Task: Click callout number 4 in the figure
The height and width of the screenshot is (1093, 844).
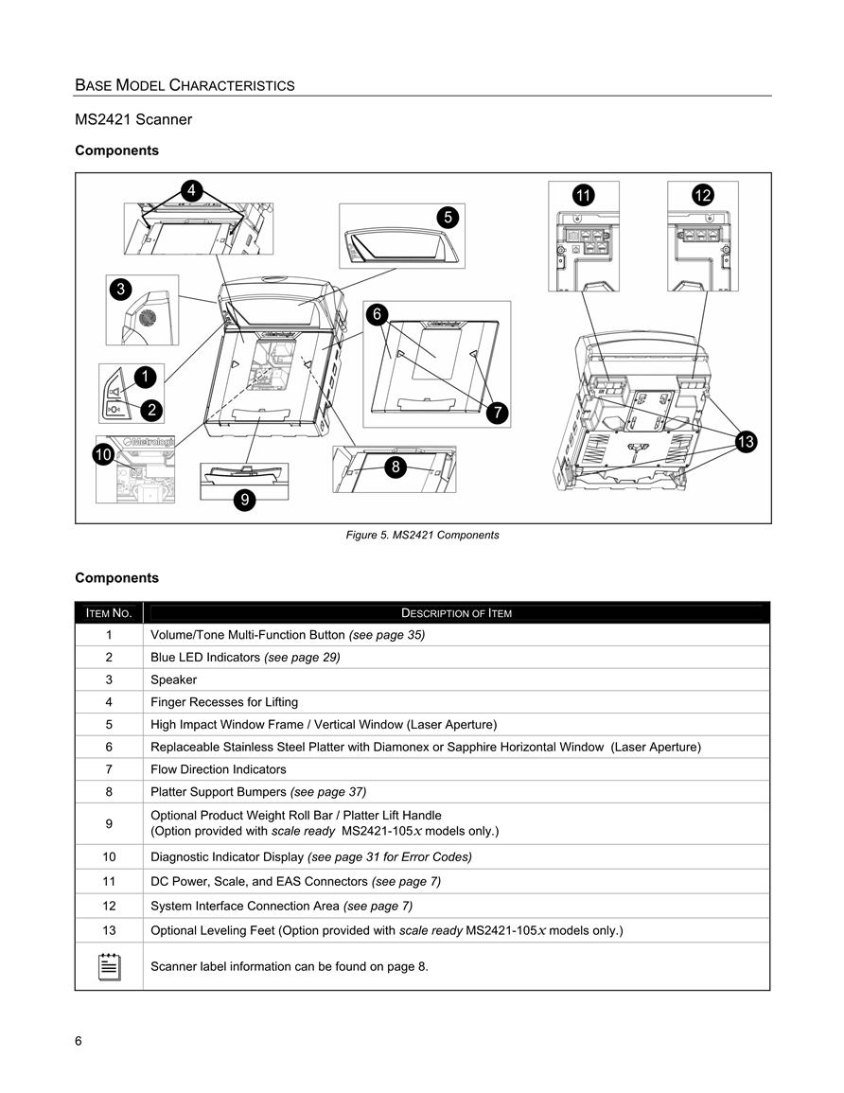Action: point(192,190)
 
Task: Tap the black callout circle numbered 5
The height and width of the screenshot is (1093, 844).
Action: point(448,218)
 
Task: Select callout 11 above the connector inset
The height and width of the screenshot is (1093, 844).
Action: point(584,195)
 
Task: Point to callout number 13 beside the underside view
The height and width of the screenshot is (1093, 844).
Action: point(746,441)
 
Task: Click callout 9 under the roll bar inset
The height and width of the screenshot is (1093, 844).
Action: point(245,500)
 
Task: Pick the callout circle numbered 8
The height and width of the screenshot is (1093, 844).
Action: point(396,467)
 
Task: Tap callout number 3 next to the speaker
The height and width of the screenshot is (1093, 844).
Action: point(120,290)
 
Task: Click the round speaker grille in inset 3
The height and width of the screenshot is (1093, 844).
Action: point(147,318)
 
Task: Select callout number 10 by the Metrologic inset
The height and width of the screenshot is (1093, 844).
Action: point(103,454)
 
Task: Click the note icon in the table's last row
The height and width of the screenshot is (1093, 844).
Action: point(110,967)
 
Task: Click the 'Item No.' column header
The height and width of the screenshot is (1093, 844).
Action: point(109,613)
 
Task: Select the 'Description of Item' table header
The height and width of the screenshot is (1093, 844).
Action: point(456,613)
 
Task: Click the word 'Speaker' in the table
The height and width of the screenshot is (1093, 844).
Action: point(173,679)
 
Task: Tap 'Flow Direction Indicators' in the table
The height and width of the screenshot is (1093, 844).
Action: point(219,769)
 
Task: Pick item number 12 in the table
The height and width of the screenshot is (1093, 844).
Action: point(110,907)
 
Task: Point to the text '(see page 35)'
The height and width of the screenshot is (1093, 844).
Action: point(387,635)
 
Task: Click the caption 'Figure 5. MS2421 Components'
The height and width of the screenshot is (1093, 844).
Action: point(422,536)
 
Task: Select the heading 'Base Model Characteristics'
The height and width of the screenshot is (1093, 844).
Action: point(185,86)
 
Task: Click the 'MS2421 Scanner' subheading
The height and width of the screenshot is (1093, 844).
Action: point(133,119)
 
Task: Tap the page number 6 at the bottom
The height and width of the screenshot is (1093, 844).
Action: point(78,1041)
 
